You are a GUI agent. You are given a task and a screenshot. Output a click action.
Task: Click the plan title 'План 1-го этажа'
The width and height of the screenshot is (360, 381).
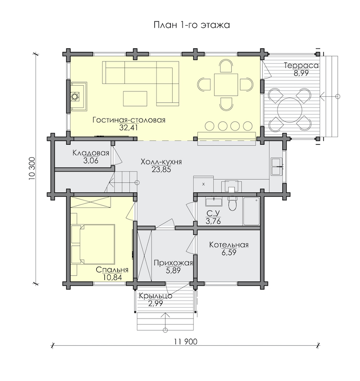point(192,25)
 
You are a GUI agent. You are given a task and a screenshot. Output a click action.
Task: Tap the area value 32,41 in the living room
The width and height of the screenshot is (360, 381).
point(128,128)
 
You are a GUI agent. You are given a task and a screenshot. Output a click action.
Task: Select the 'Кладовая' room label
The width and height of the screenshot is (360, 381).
point(91,153)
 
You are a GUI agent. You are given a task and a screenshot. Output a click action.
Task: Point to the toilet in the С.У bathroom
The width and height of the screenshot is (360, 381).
point(232,203)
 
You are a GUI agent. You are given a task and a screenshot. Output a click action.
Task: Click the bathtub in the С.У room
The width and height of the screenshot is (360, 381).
point(251,211)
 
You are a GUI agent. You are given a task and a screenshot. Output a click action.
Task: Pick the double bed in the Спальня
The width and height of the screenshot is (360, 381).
point(93,244)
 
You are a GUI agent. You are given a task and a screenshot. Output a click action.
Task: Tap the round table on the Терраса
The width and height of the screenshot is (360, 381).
point(290,110)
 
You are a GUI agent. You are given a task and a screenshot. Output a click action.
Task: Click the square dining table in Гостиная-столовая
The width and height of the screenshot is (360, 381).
point(226,85)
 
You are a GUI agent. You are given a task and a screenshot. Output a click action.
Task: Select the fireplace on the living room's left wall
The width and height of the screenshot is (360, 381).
point(79,97)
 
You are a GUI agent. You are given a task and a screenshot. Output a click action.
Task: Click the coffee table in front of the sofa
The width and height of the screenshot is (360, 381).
point(135,99)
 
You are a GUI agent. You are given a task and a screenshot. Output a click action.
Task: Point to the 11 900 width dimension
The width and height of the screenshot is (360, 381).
point(185,342)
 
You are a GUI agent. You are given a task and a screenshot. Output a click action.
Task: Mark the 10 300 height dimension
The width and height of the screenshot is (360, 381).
point(32,168)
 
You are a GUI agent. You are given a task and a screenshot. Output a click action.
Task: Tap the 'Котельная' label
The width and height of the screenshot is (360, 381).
point(229,245)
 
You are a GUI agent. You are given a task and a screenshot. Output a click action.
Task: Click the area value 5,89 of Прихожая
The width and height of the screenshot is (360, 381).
point(173,271)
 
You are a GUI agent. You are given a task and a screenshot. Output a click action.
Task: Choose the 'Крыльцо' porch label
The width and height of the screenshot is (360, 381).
point(155,296)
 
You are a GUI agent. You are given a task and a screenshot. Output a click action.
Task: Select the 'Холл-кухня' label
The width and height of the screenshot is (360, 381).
point(161,162)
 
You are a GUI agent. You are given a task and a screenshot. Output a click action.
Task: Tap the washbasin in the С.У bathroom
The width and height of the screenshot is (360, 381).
point(214,201)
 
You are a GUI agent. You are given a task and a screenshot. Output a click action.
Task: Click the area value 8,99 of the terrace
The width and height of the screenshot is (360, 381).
point(301,73)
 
